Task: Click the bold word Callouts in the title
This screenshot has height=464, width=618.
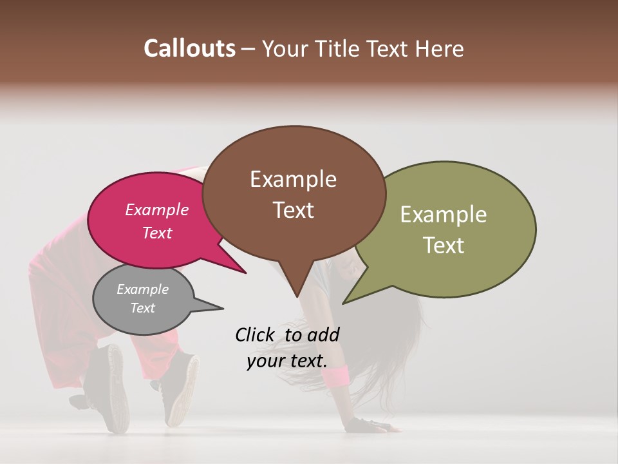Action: click(x=189, y=48)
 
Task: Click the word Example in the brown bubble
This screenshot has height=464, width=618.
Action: click(x=293, y=179)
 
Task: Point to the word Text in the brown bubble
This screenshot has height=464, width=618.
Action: click(x=293, y=209)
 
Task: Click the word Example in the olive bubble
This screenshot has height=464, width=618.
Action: click(x=444, y=215)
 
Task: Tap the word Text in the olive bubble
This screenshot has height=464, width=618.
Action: click(x=444, y=245)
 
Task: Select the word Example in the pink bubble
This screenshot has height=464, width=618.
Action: click(x=156, y=209)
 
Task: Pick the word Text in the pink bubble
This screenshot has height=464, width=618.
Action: click(x=156, y=233)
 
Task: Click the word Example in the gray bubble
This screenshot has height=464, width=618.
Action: click(x=142, y=289)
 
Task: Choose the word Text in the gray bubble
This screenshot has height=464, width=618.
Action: click(x=142, y=308)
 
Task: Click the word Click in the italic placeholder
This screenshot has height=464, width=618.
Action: click(x=254, y=334)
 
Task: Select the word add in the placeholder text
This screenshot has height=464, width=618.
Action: click(x=324, y=334)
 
